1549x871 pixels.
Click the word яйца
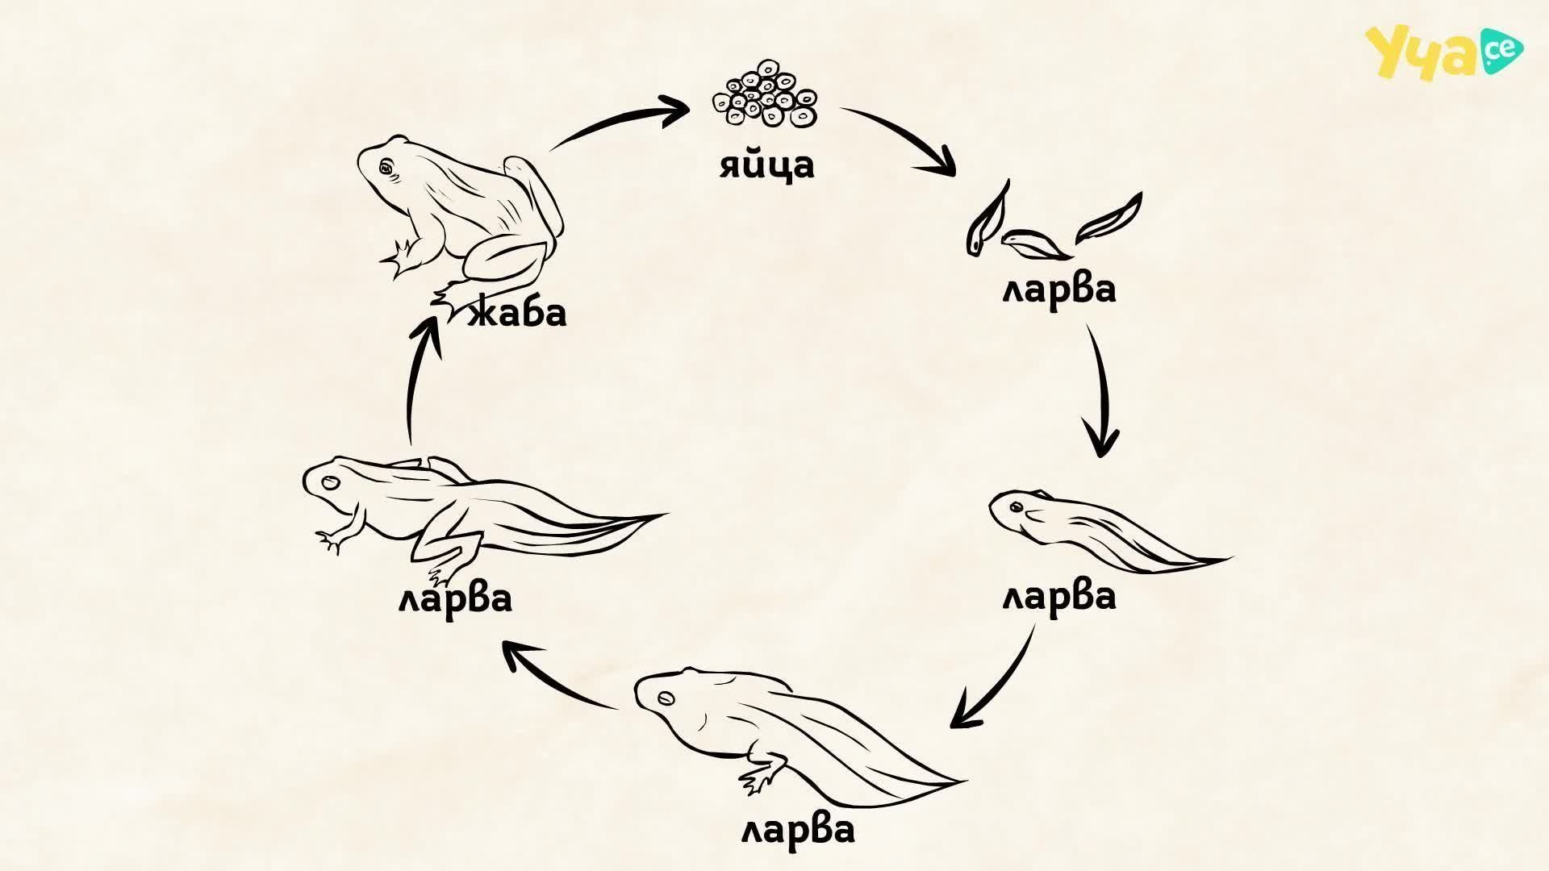(767, 165)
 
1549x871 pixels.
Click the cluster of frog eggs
(765, 94)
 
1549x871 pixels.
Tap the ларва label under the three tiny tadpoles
(1059, 290)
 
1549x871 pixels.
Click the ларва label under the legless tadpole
(1059, 597)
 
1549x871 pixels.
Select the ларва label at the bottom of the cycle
(798, 830)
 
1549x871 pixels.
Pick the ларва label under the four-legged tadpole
(455, 598)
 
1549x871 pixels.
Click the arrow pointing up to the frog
(415, 379)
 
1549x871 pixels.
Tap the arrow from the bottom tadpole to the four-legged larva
(557, 677)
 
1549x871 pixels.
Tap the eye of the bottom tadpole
(666, 698)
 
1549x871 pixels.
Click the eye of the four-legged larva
(330, 483)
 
